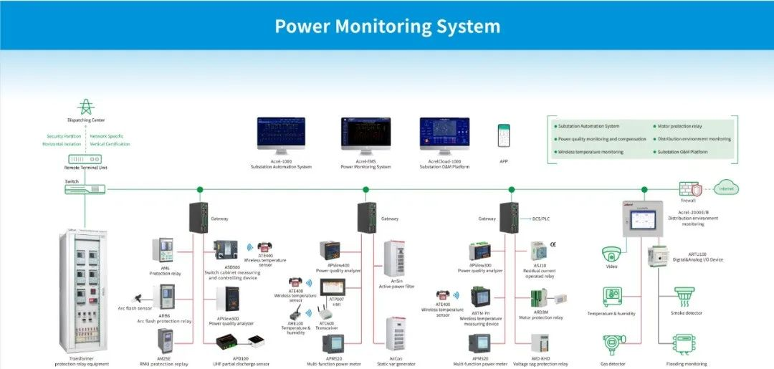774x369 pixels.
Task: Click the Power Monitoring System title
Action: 387,27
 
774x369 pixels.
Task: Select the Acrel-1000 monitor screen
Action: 281,133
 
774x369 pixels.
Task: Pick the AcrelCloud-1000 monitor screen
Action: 444,133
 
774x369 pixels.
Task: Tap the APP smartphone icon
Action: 504,135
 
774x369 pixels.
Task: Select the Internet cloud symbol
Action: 726,188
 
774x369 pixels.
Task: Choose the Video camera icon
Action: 611,253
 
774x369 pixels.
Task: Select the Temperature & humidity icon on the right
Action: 611,297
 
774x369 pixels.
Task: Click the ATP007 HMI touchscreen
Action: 332,285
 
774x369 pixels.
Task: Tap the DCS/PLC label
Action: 541,218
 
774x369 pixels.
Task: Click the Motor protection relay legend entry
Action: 679,126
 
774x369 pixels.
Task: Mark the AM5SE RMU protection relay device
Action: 165,342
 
